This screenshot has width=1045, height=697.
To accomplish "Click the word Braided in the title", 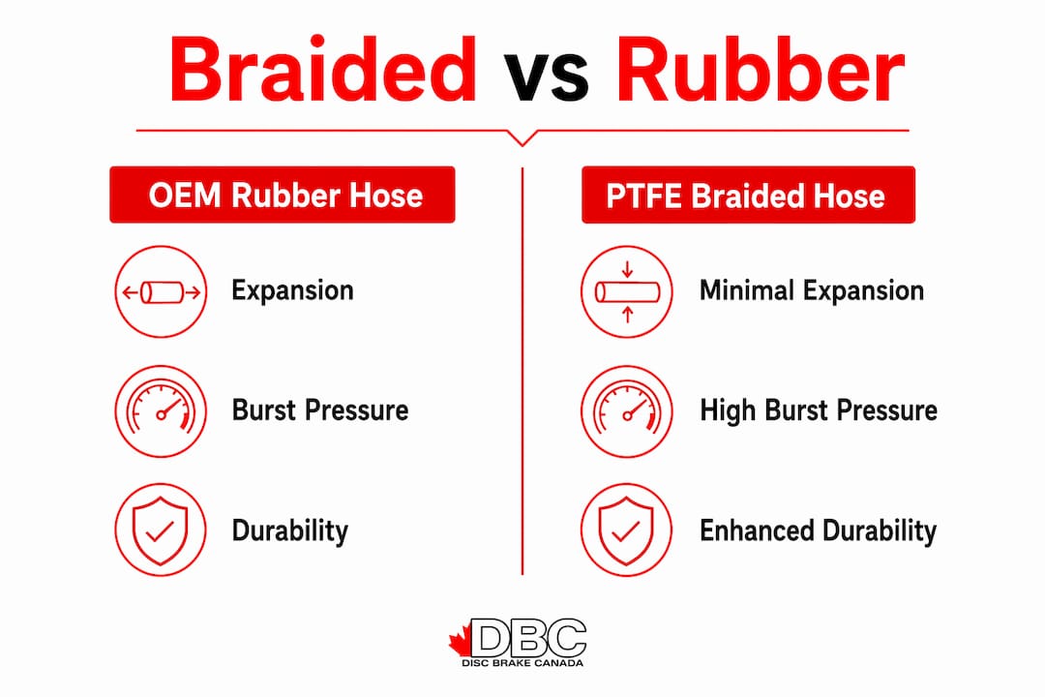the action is click(x=322, y=70).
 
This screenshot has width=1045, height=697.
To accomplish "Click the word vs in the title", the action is click(x=546, y=76).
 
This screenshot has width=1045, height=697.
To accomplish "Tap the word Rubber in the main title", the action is click(x=761, y=70).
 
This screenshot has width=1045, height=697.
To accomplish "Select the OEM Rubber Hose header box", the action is click(x=283, y=195).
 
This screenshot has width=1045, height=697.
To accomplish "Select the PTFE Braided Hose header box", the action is click(x=748, y=195).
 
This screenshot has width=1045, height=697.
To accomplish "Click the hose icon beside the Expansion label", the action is click(x=161, y=291).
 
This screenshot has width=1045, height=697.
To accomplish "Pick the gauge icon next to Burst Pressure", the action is click(x=161, y=410).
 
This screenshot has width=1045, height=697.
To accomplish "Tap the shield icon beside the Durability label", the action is click(x=161, y=530).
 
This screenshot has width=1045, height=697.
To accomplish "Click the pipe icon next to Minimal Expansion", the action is click(x=626, y=291).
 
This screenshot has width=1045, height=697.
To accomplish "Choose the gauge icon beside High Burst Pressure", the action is click(x=626, y=410).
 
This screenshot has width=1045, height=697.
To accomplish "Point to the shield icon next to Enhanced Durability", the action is click(x=626, y=530).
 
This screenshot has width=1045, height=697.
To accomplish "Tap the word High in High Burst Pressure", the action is click(x=729, y=411).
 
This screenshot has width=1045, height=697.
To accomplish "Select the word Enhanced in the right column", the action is click(x=757, y=530).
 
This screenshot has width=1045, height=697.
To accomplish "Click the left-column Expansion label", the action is click(x=292, y=291).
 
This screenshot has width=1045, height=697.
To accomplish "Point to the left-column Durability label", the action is click(x=290, y=530).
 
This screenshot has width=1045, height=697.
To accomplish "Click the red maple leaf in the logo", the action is click(x=460, y=642).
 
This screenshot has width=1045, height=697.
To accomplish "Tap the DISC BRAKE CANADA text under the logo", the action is click(x=522, y=663).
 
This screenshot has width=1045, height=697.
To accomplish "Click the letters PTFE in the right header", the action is click(x=643, y=197).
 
